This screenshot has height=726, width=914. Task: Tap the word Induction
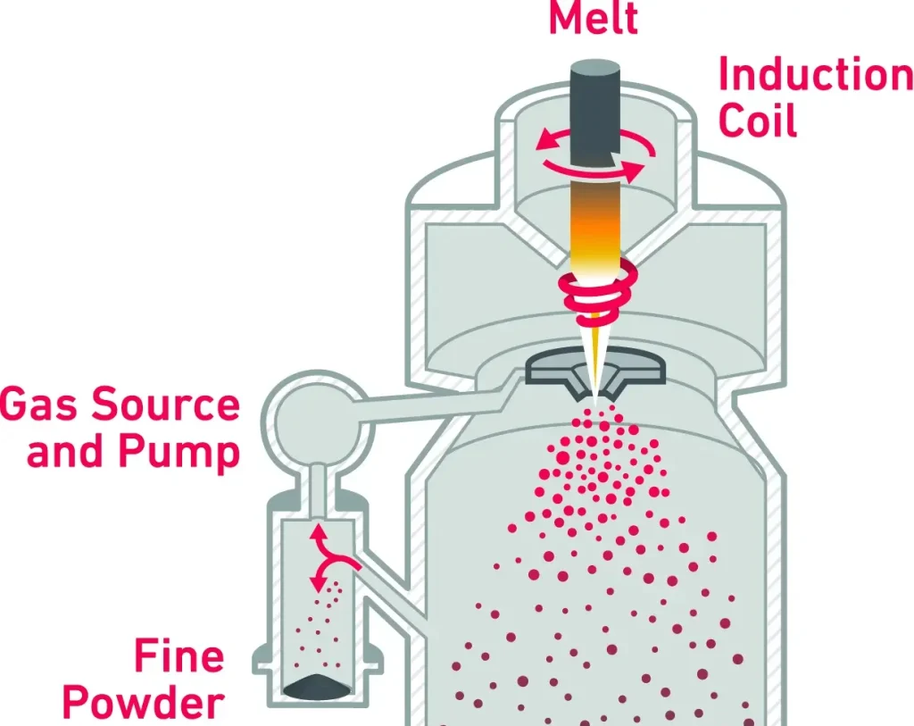point(814,77)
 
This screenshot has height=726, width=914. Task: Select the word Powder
point(143,703)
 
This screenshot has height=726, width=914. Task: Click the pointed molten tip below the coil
point(593,357)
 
